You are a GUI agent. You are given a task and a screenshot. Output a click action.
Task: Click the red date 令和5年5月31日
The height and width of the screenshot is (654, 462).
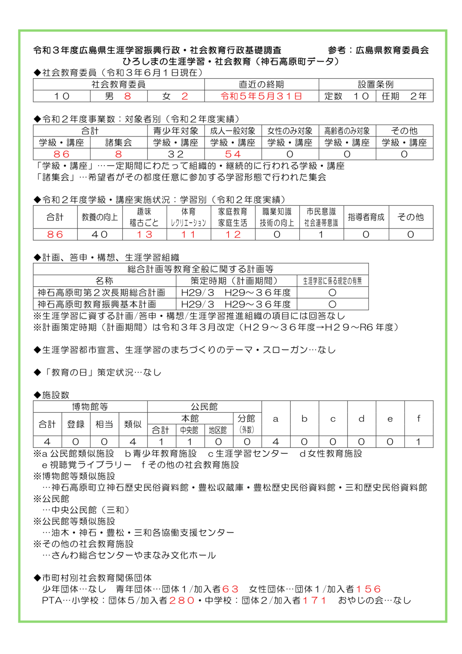pyautogui.click(x=261, y=96)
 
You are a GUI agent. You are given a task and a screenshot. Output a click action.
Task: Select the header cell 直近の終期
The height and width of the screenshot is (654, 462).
pyautogui.click(x=261, y=84)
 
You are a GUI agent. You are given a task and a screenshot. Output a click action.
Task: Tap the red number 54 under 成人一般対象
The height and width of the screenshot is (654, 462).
pyautogui.click(x=233, y=154)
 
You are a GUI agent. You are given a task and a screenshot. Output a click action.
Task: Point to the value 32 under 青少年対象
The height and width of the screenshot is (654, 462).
pyautogui.click(x=176, y=154)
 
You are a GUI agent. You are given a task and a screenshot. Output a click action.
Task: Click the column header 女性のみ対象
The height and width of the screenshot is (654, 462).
pyautogui.click(x=290, y=131)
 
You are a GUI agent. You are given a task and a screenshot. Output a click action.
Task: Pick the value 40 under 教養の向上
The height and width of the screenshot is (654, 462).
pyautogui.click(x=100, y=234)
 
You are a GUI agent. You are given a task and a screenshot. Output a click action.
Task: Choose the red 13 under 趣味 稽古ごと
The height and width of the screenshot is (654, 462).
pyautogui.click(x=144, y=234)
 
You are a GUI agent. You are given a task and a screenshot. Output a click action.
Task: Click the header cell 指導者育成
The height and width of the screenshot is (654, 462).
pyautogui.click(x=366, y=217)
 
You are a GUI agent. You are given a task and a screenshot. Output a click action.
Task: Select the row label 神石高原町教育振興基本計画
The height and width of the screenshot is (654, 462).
pyautogui.click(x=97, y=304)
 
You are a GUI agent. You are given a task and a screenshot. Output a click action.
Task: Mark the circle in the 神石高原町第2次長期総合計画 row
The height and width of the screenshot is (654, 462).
pyautogui.click(x=332, y=293)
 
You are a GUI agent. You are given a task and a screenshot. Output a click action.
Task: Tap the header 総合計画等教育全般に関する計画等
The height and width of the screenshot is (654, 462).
pyautogui.click(x=201, y=269)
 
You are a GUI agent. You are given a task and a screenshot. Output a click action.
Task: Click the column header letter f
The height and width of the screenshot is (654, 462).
pyautogui.click(x=419, y=419)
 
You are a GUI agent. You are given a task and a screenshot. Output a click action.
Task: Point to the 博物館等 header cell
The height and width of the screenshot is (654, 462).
pyautogui.click(x=90, y=407)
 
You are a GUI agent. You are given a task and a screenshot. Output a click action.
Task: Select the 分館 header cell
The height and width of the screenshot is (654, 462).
pyautogui.click(x=247, y=418)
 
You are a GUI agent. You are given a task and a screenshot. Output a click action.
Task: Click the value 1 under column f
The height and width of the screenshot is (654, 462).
pyautogui.click(x=419, y=442)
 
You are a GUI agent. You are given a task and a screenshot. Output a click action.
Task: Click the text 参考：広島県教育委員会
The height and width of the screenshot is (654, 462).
pyautogui.click(x=378, y=50)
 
